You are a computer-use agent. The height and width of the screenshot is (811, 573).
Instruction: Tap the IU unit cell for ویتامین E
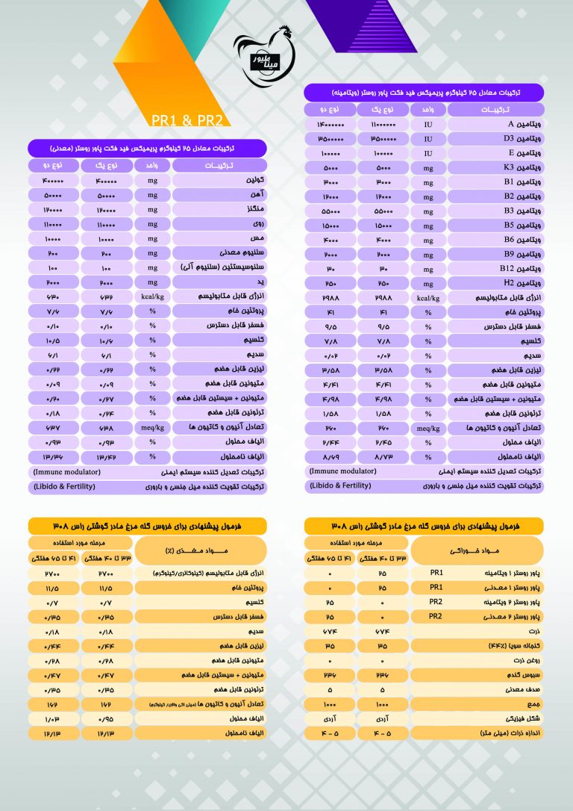click(x=428, y=153)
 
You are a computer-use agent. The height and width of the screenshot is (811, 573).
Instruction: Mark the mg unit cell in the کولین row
click(x=153, y=181)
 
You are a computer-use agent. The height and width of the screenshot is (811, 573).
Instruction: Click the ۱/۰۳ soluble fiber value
click(x=53, y=718)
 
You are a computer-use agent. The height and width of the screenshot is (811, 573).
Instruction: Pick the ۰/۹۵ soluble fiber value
click(x=104, y=718)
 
